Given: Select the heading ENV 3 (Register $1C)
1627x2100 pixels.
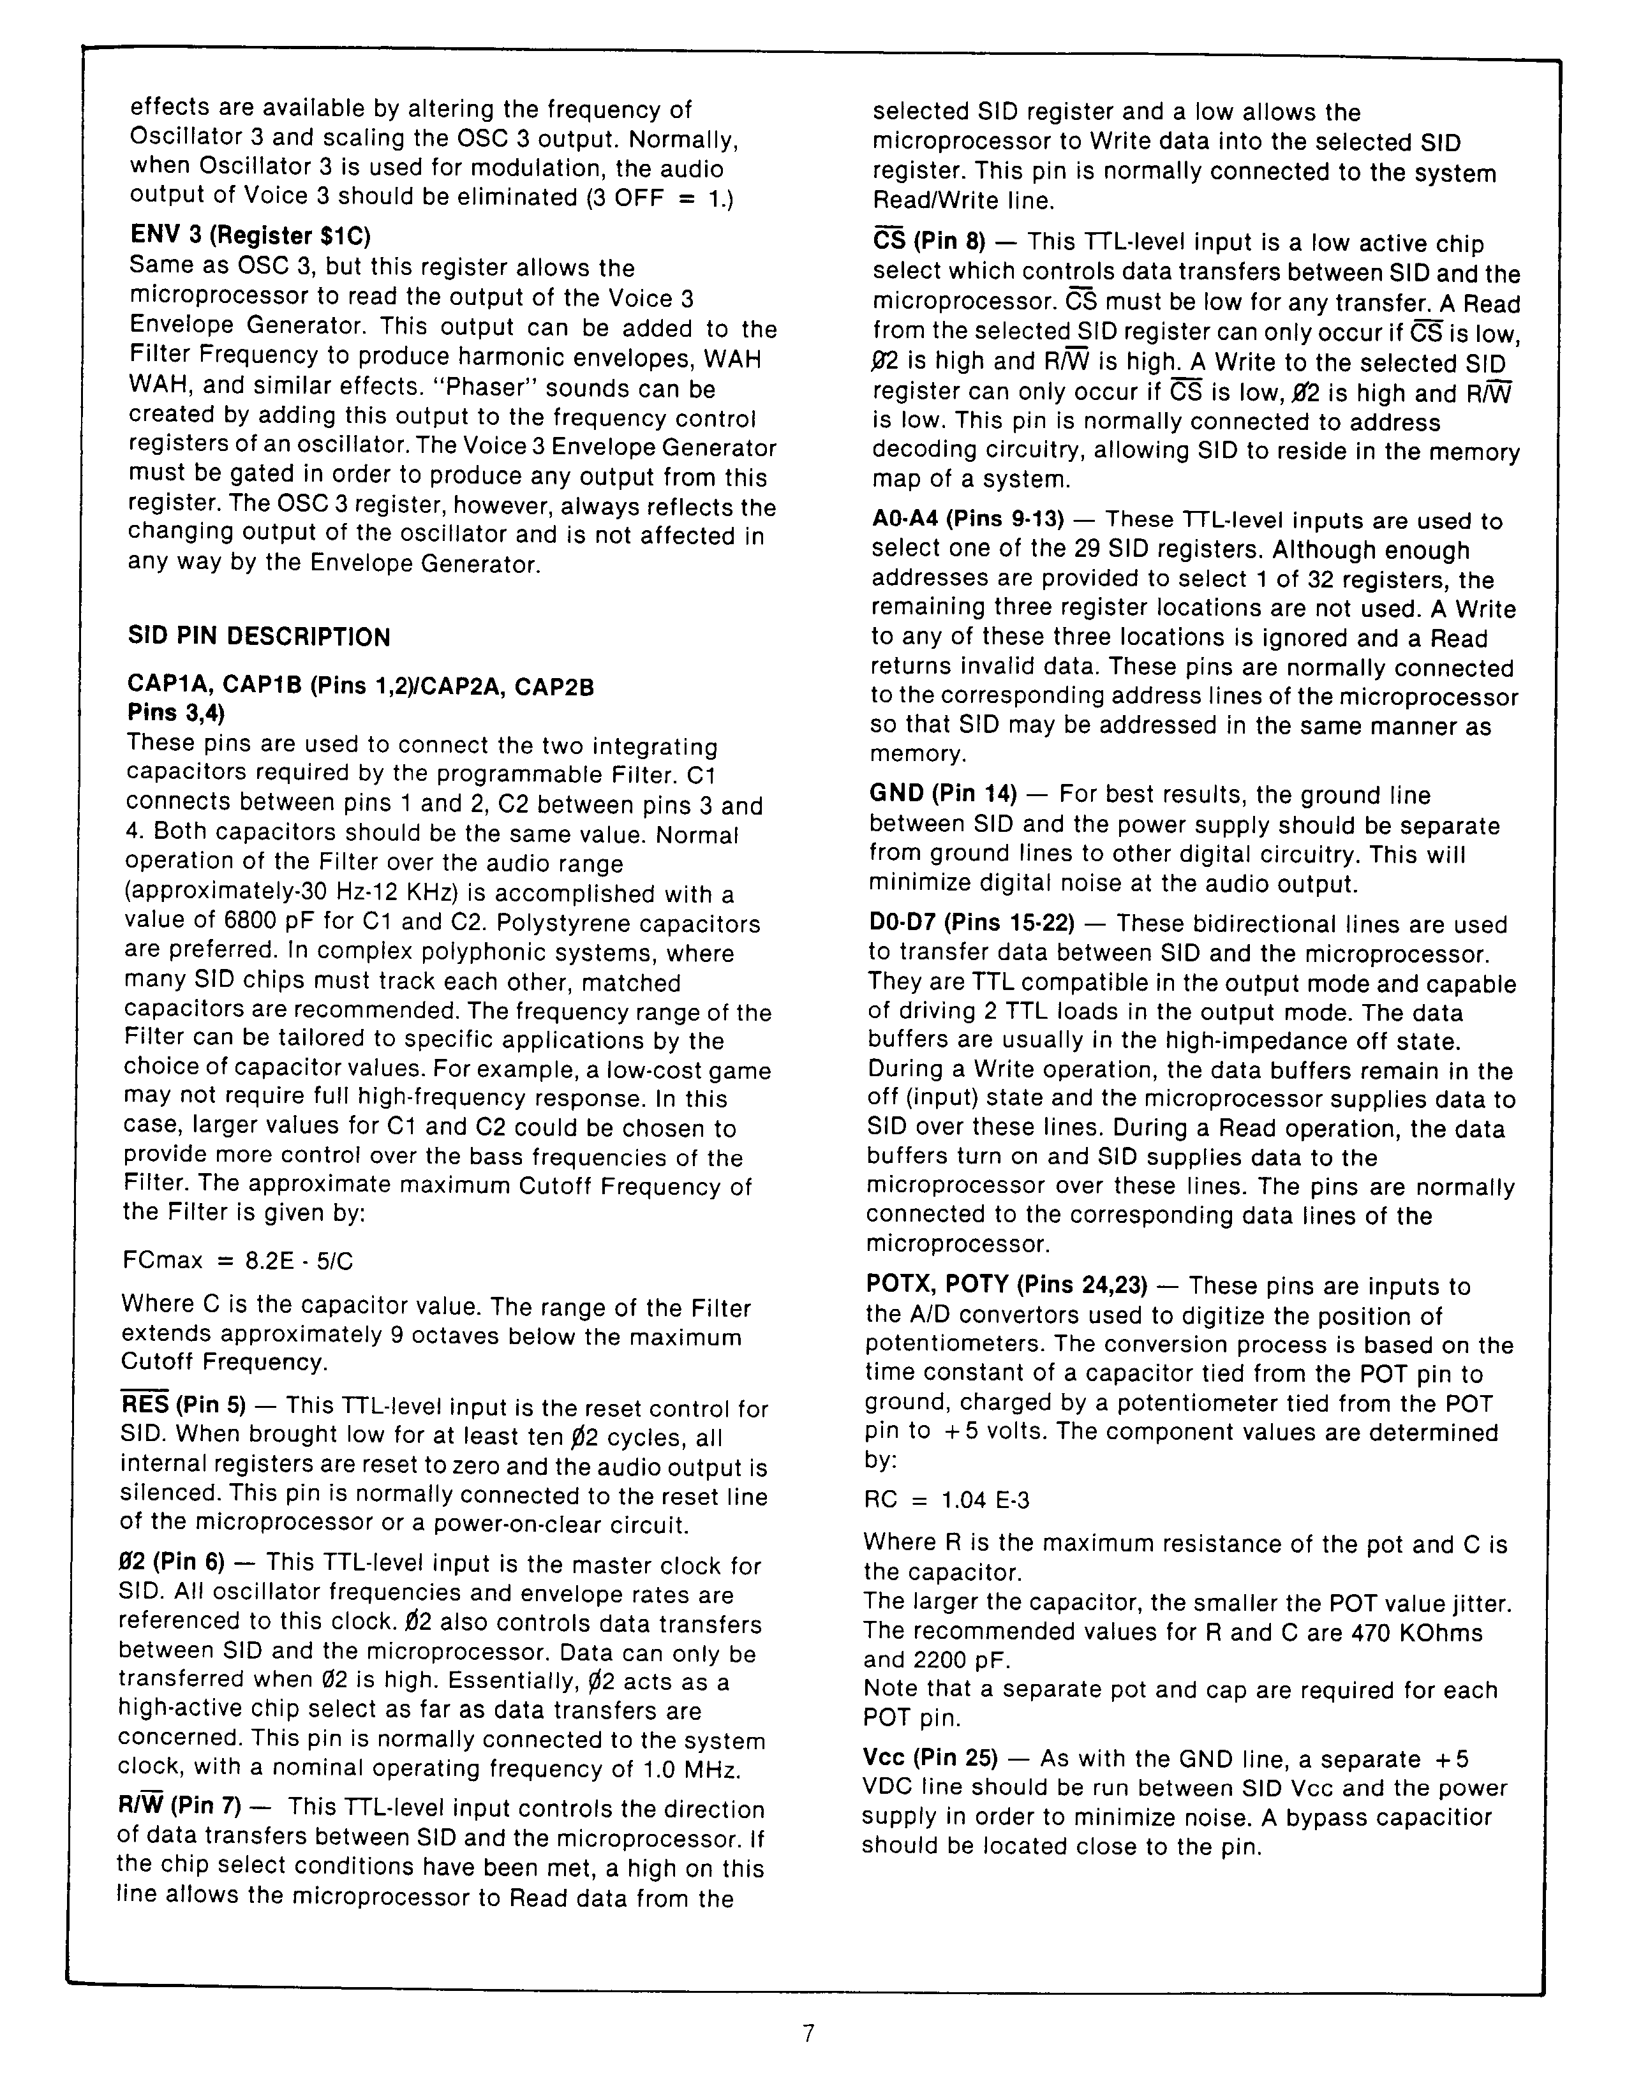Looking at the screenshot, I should (x=250, y=235).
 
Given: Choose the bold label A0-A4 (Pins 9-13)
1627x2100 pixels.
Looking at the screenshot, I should (x=967, y=519).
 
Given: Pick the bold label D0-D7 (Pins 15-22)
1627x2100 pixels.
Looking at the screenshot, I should (x=971, y=923).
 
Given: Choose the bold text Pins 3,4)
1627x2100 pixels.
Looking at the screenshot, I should (x=176, y=713).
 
